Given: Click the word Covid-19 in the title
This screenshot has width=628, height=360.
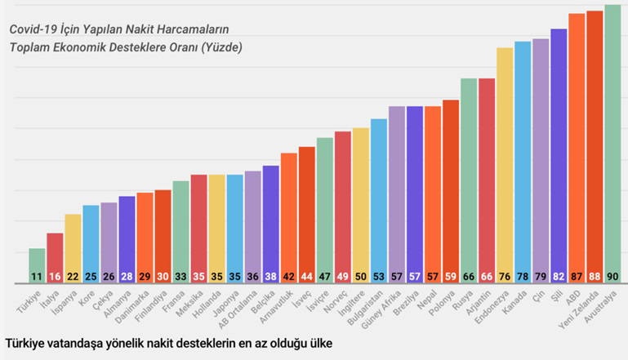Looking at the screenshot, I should tap(34, 29).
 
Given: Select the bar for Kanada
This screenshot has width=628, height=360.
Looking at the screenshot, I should tap(523, 162).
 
